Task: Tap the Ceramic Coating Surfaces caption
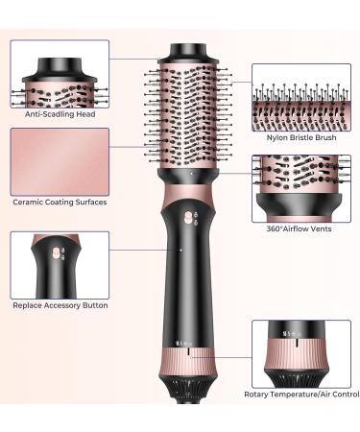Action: pyautogui.click(x=60, y=202)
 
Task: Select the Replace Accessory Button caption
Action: pyautogui.click(x=60, y=306)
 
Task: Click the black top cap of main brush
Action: pyautogui.click(x=188, y=51)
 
